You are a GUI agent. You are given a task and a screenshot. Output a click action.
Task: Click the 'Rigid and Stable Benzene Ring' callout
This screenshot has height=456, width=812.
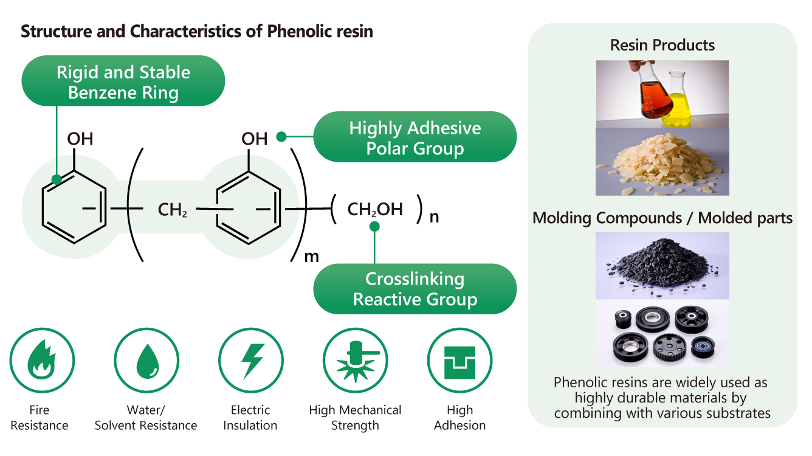tap(123, 81)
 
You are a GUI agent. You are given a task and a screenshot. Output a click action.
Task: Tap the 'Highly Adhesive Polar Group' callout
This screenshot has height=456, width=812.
tap(415, 137)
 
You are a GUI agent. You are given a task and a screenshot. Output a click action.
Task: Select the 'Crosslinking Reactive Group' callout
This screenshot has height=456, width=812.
tap(415, 289)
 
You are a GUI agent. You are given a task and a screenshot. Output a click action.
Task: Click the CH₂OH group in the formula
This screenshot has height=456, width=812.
tap(374, 210)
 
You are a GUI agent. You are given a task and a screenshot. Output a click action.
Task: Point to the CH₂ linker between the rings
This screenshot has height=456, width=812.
tap(173, 210)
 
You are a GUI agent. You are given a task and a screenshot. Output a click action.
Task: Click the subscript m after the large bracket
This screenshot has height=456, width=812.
tap(311, 257)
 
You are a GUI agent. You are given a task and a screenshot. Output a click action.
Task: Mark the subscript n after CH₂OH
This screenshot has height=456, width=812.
tap(434, 216)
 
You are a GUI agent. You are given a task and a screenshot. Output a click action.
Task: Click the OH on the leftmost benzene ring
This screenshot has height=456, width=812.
tap(80, 139)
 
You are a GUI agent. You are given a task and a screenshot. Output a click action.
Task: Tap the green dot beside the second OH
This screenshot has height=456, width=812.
tap(281, 137)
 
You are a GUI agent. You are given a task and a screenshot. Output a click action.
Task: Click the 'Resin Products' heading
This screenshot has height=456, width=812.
tap(662, 45)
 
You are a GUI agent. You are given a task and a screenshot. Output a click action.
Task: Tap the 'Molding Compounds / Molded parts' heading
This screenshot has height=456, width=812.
tap(662, 218)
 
